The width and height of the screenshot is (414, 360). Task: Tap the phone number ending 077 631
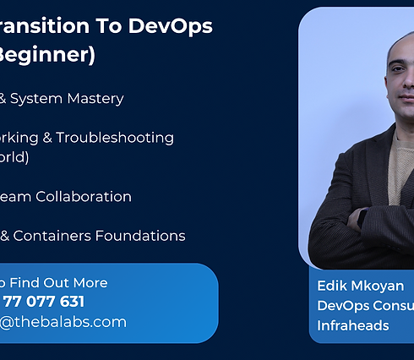pos(43,302)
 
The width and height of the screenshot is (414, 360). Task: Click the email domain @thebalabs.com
pos(63,322)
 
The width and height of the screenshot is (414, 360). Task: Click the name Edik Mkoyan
pos(360,286)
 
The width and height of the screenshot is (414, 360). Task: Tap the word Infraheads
pos(353,325)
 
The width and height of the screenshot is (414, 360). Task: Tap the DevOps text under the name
pos(342,305)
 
